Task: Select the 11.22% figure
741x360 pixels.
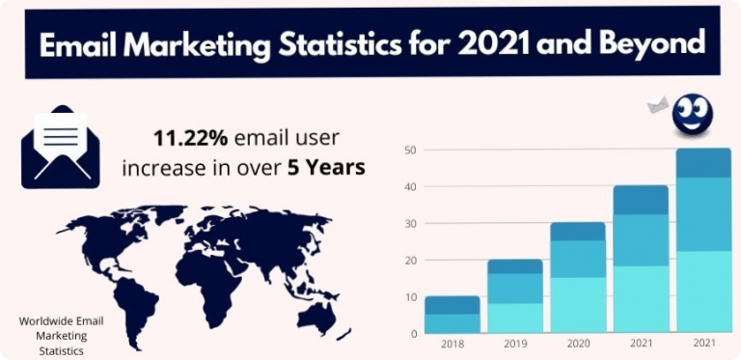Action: [x=185, y=138]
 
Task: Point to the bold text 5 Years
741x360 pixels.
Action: [x=326, y=167]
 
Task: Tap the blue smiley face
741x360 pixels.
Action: [x=693, y=117]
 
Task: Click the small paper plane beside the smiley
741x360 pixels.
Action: [x=658, y=104]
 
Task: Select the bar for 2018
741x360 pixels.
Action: [x=453, y=315]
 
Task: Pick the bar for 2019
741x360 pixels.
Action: [x=514, y=296]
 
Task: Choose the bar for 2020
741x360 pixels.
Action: [x=577, y=278]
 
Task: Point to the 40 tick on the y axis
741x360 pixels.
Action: [x=411, y=187]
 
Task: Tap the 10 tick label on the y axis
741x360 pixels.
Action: [x=411, y=297]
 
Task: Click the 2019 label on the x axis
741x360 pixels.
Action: [x=514, y=345]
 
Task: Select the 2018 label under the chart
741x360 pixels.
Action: [x=453, y=345]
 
